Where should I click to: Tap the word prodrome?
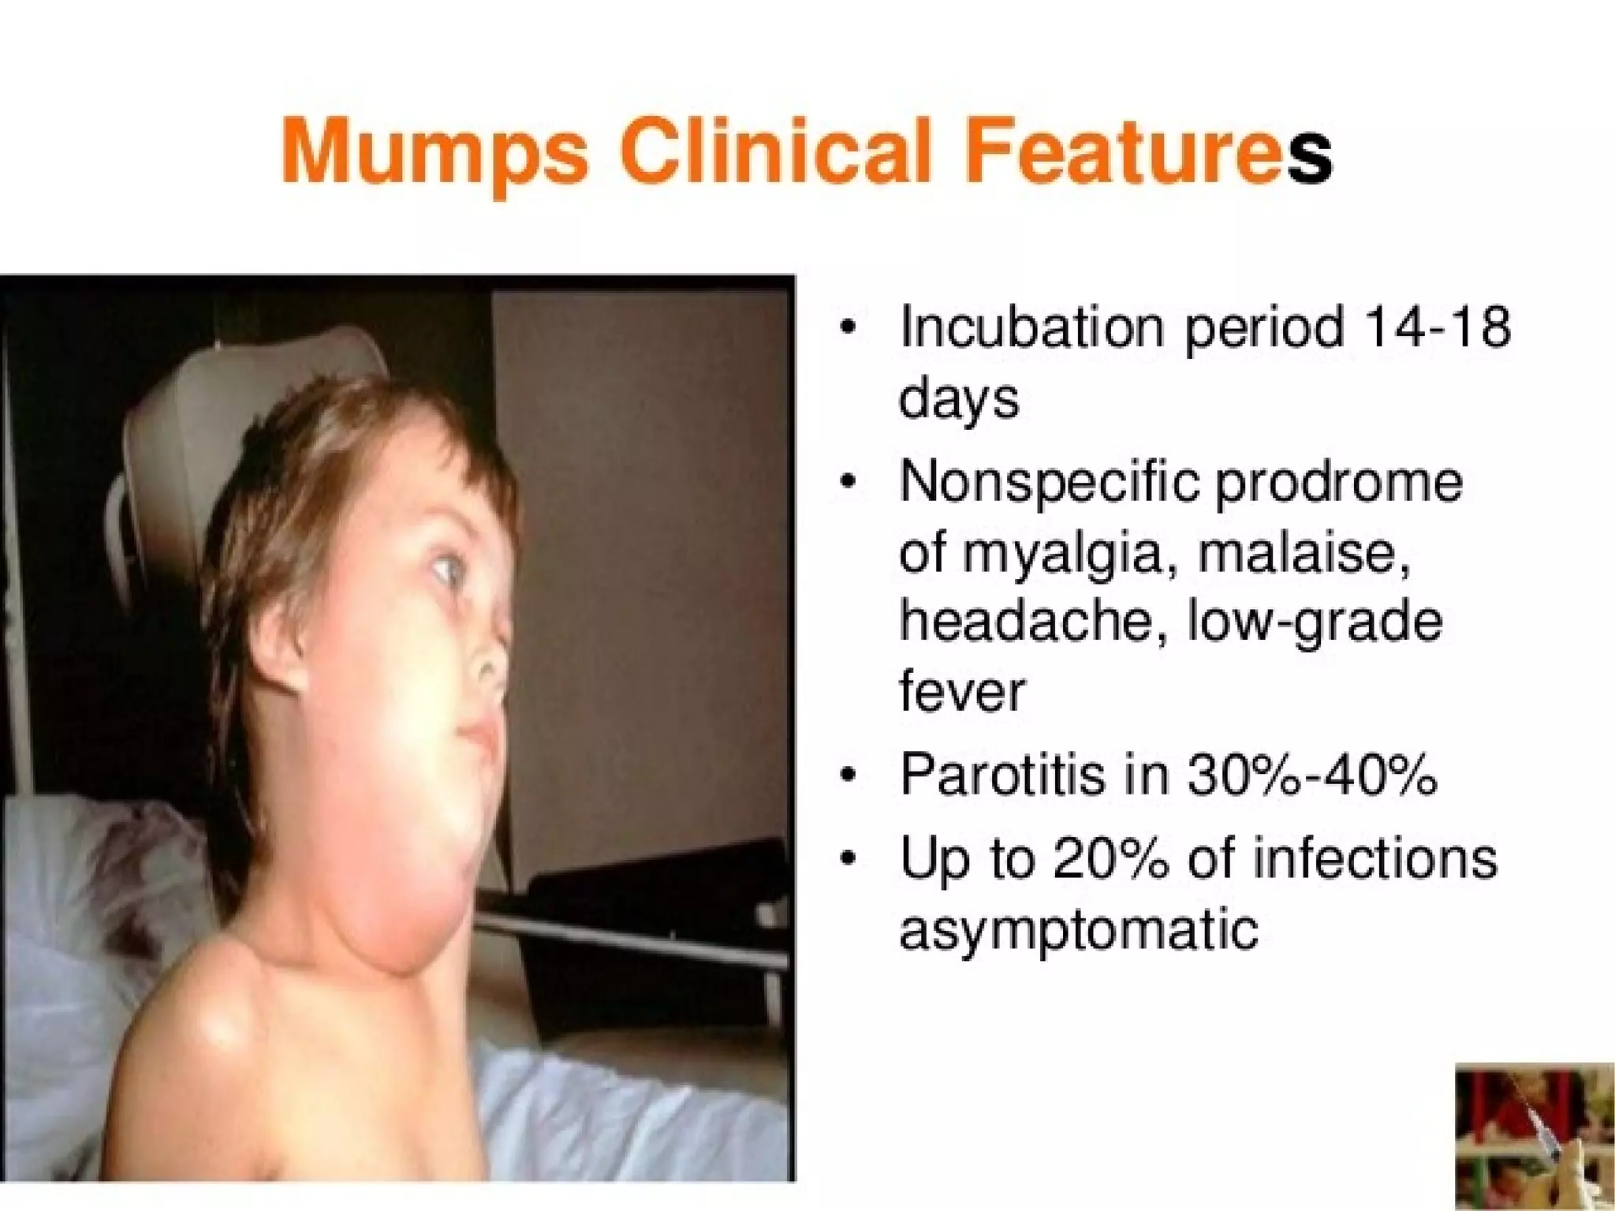click(1338, 482)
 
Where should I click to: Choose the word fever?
click(961, 692)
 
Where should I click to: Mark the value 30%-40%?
click(1311, 776)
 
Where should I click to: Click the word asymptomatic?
click(1078, 931)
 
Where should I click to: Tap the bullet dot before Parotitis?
click(848, 777)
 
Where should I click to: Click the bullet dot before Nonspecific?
click(848, 484)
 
